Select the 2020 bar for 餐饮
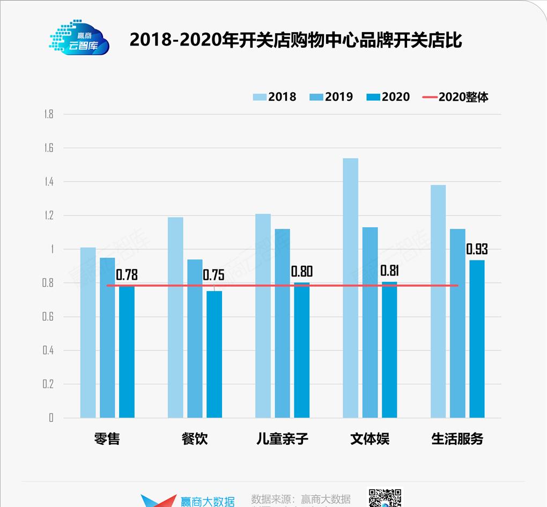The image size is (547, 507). pyautogui.click(x=214, y=354)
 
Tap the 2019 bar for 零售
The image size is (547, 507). pyautogui.click(x=107, y=338)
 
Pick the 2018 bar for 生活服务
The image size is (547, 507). pyautogui.click(x=438, y=301)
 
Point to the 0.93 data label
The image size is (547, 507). pyautogui.click(x=477, y=249)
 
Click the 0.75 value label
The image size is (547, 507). pyautogui.click(x=213, y=275)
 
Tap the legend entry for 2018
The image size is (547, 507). pyautogui.click(x=275, y=97)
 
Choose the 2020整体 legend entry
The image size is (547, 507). pyautogui.click(x=455, y=97)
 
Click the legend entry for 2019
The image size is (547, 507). pyautogui.click(x=331, y=97)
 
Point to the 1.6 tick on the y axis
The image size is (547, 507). pyautogui.click(x=49, y=148)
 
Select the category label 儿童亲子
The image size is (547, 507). pyautogui.click(x=282, y=439)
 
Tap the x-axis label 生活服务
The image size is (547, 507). pyautogui.click(x=457, y=439)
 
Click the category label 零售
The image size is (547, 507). pyautogui.click(x=107, y=439)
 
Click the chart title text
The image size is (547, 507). pyautogui.click(x=295, y=40)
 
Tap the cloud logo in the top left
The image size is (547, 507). pyautogui.click(x=80, y=38)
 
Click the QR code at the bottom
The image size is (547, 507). pyautogui.click(x=385, y=497)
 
